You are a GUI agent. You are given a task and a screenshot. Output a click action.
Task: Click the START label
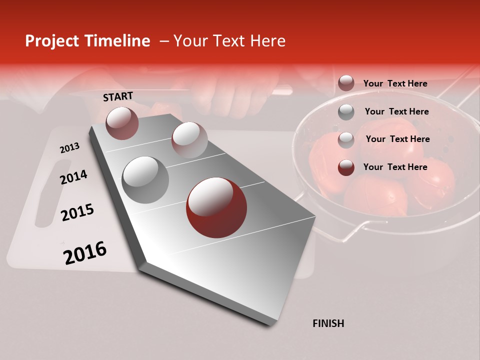pos(118,96)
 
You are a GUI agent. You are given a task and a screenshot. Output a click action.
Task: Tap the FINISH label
pos(328,323)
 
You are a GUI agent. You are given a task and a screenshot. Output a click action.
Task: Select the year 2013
pos(69,148)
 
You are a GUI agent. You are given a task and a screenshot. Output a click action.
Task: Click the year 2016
pos(85,253)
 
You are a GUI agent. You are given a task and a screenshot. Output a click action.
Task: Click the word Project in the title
pos(51,41)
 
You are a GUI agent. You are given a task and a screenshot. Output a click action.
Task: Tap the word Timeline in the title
pos(117,41)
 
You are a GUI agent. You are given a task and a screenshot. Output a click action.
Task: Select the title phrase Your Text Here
pos(229,41)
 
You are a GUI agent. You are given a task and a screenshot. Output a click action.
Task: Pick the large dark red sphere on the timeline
pos(216,207)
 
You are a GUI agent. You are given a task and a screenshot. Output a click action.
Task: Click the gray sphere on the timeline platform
pos(145,179)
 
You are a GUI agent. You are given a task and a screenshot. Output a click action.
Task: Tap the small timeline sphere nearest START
pos(122,123)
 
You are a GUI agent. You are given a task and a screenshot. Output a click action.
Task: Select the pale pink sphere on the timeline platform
pos(189,139)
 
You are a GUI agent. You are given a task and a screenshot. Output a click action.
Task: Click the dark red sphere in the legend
pos(346,167)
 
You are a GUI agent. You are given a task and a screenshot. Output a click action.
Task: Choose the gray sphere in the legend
pos(346,112)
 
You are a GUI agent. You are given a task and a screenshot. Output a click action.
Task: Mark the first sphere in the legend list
pos(346,83)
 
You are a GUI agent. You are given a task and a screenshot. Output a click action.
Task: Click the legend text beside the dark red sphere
pos(395,167)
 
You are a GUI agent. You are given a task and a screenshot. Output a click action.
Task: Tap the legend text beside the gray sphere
pos(397,111)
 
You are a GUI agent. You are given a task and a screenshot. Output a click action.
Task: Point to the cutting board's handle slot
pos(45,192)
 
